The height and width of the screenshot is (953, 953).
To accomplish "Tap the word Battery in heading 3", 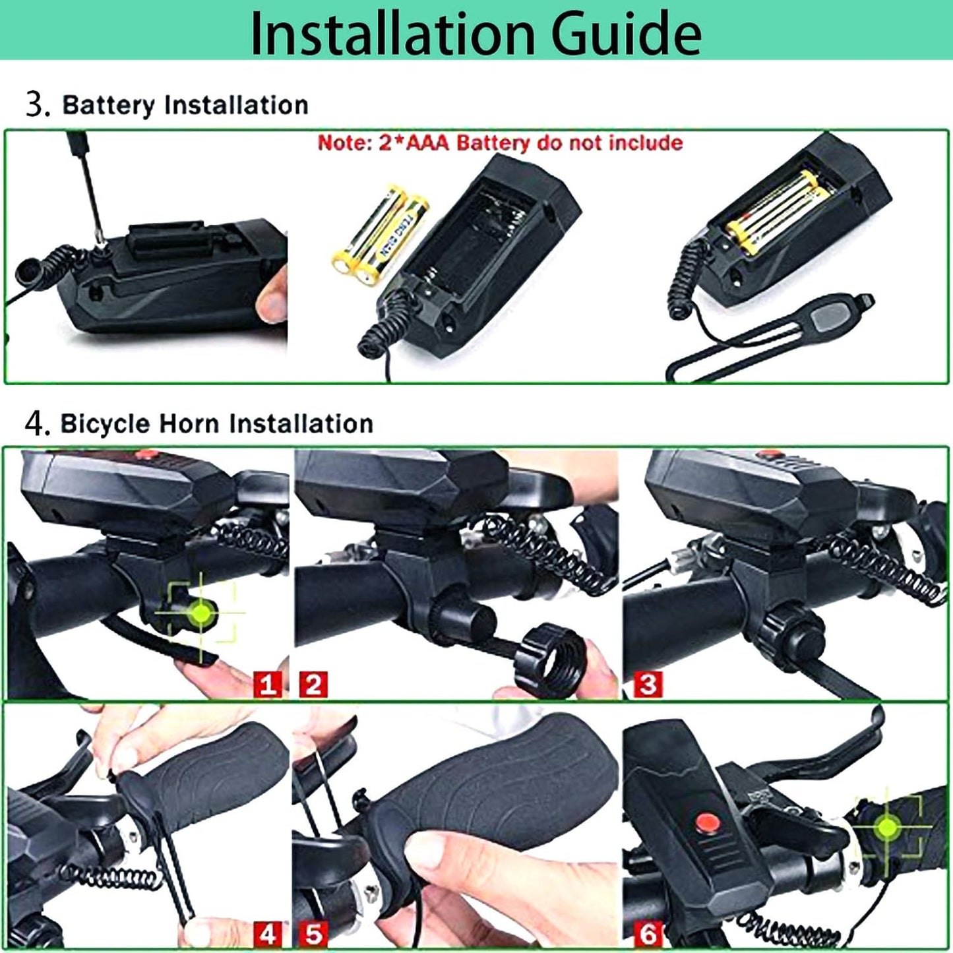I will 108,106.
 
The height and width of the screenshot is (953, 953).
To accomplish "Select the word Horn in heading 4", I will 187,423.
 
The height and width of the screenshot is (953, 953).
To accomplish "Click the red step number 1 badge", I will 267,684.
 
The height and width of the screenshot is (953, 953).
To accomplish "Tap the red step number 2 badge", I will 313,684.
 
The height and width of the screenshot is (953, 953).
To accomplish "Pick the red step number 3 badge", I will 648,684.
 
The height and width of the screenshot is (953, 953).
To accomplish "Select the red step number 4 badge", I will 267,933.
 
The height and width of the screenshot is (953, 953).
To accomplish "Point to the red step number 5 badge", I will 313,933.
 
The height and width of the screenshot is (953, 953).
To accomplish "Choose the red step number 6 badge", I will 648,933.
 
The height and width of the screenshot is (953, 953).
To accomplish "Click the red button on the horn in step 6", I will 707,823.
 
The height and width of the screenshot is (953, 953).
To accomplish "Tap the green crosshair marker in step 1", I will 201,613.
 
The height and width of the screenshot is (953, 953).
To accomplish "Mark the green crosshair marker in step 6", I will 888,826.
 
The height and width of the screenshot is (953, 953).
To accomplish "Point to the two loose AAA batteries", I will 379,231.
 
